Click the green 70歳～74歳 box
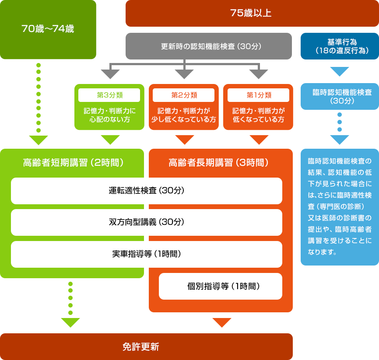coord(48,29)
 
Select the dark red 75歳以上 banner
coord(252,13)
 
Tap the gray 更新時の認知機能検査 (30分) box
coord(209,46)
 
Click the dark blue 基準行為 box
coord(340,46)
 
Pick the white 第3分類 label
coord(109,95)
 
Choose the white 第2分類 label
coord(184,95)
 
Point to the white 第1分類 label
coord(258,95)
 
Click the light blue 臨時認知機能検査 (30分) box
coord(340,96)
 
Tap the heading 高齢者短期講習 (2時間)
coord(73,163)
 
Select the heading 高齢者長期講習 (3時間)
coord(218,163)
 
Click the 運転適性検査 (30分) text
coord(147,191)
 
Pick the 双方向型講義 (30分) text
coord(147,222)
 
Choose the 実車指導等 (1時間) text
coord(147,254)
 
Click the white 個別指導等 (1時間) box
coord(221,287)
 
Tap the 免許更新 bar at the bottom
coord(147,347)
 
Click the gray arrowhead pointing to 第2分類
coord(184,74)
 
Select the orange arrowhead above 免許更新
coord(222,322)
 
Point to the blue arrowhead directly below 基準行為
coord(340,71)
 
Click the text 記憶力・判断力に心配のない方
coord(109,115)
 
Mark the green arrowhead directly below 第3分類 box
coord(110,140)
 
